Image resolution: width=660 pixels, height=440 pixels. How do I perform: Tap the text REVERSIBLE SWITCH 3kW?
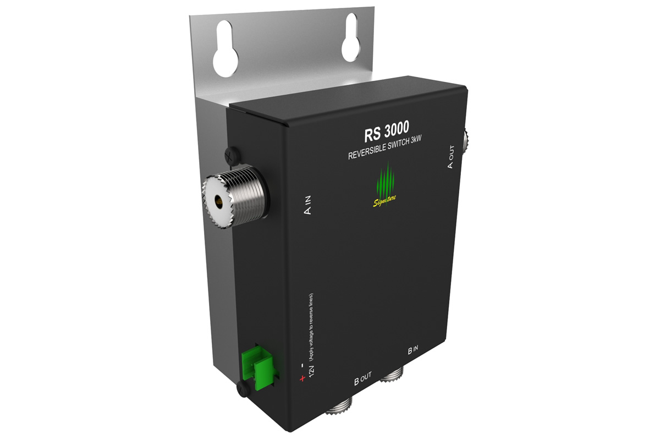pyautogui.click(x=385, y=149)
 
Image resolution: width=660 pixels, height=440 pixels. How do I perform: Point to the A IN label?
pyautogui.click(x=307, y=205)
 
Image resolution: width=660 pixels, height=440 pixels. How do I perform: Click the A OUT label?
pyautogui.click(x=450, y=157)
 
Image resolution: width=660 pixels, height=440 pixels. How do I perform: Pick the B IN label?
pyautogui.click(x=413, y=350)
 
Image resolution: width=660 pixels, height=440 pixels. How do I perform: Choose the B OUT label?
pyautogui.click(x=362, y=378)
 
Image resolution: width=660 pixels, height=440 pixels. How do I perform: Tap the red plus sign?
pyautogui.click(x=302, y=378)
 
